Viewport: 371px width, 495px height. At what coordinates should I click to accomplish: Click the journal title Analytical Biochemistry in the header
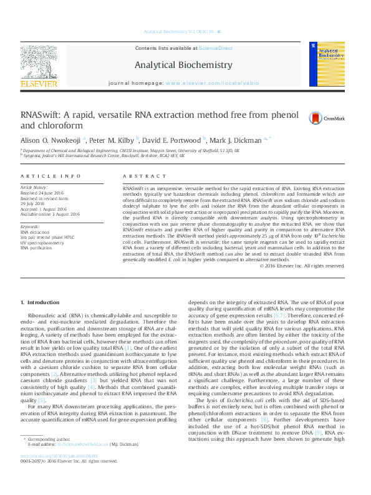183,65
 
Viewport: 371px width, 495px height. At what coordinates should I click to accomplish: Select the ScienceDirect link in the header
215,48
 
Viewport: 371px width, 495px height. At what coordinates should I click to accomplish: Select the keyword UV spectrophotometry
42,243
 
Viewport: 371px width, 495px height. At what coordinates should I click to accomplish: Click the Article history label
34,187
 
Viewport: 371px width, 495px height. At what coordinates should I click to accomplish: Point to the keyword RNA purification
37,247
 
